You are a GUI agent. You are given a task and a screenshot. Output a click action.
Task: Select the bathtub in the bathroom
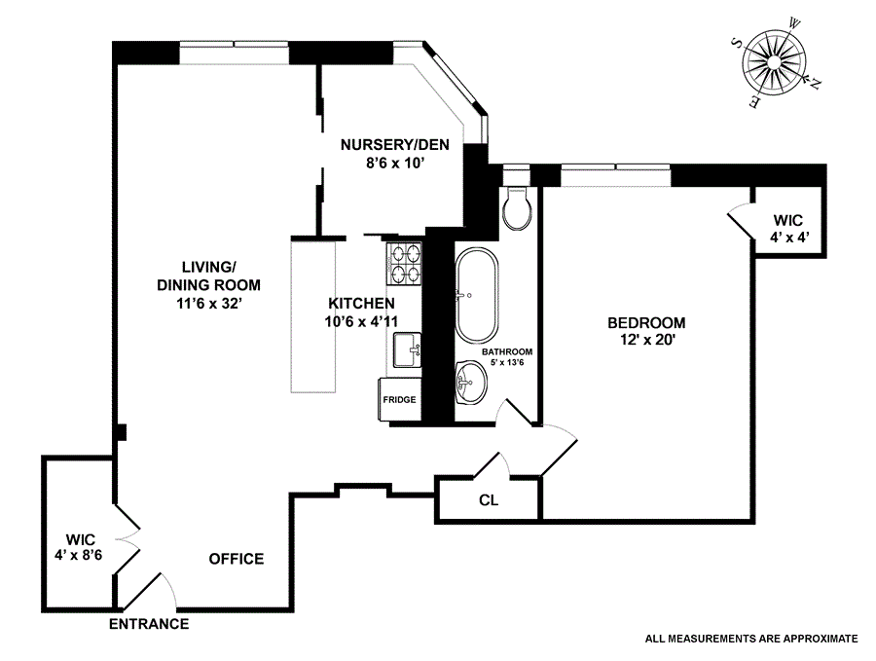[476, 291]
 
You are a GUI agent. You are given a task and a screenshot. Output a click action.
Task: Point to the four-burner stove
[407, 264]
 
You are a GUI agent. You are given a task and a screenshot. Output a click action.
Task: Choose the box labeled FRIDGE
[399, 400]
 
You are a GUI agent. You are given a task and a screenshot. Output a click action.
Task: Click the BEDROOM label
[646, 323]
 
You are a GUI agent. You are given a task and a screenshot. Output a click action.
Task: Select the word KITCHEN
[361, 304]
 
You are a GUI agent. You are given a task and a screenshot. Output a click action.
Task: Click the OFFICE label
[237, 559]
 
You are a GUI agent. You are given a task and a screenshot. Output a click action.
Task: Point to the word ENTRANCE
[149, 624]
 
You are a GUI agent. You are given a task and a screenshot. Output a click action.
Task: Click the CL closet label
[489, 501]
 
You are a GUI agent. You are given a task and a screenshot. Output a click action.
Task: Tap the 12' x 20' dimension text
[646, 341]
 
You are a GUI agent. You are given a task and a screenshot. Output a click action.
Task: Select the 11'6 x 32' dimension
[209, 303]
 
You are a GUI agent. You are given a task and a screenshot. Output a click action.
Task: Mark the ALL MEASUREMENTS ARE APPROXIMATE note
[750, 640]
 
